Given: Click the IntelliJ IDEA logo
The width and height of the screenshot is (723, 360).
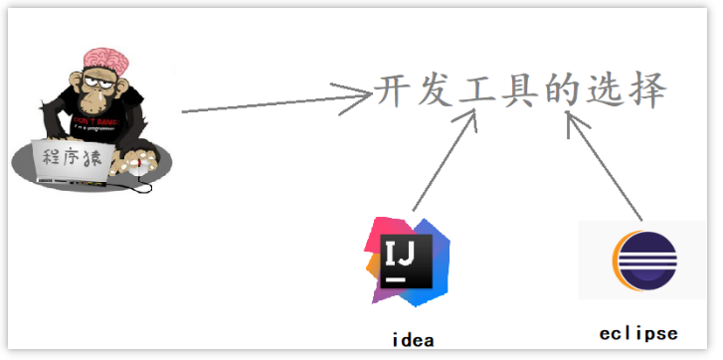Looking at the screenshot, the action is click(x=408, y=261).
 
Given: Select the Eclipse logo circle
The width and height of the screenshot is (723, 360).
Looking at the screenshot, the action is click(x=641, y=261).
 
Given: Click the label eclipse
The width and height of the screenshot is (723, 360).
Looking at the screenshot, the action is click(x=639, y=332).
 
